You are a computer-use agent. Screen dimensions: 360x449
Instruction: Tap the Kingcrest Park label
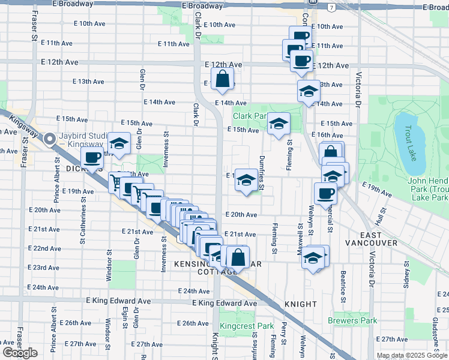click(x=247, y=326)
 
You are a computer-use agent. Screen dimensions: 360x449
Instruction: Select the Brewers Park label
click(x=353, y=320)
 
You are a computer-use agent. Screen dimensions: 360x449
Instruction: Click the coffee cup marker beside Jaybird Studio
click(x=91, y=158)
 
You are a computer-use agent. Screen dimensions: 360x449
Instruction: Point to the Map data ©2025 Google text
click(x=412, y=355)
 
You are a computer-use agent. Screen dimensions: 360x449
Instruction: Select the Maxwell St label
click(x=299, y=238)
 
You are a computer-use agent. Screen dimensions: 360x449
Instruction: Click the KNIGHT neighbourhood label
click(x=301, y=304)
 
